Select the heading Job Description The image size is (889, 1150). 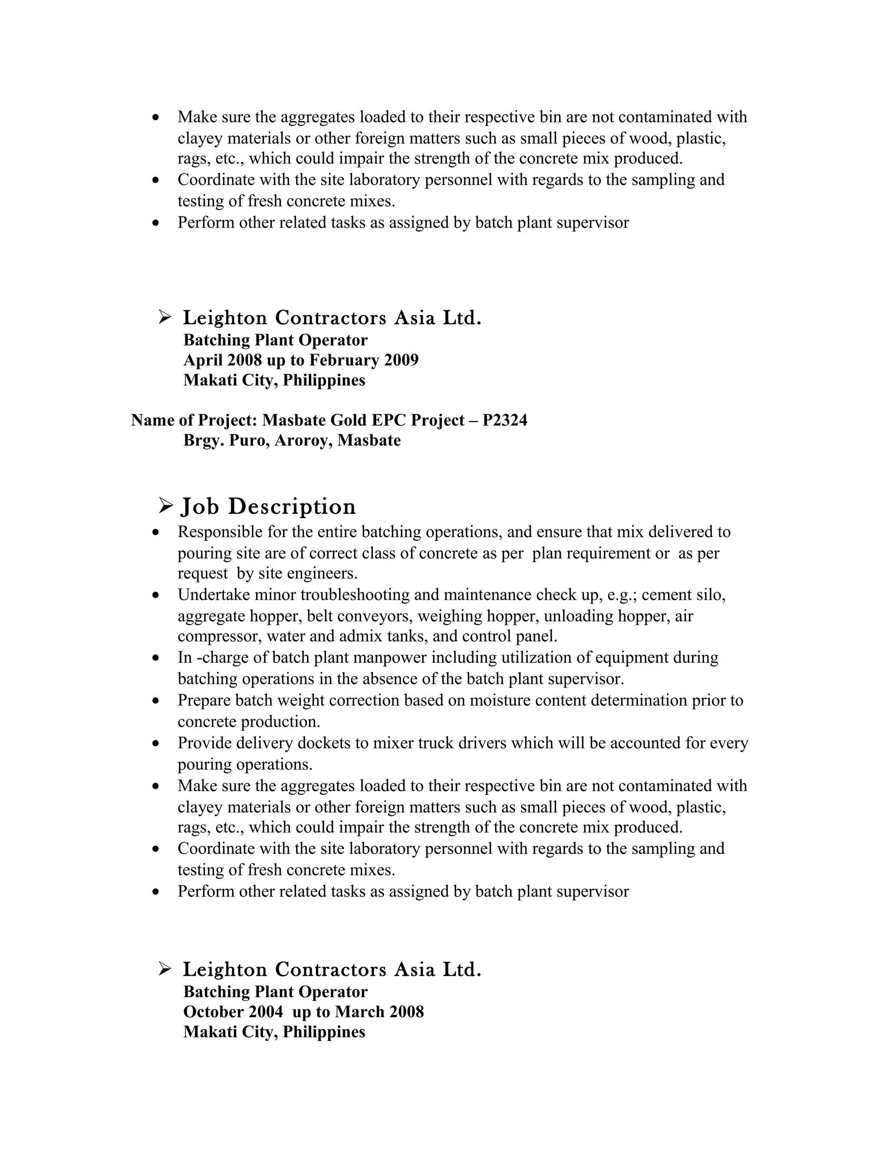[268, 506]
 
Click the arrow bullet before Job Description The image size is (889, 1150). [166, 506]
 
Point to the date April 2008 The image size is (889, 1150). [223, 360]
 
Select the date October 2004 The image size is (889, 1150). [233, 1012]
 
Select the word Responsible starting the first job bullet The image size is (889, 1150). [220, 532]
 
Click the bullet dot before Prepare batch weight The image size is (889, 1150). [155, 701]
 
